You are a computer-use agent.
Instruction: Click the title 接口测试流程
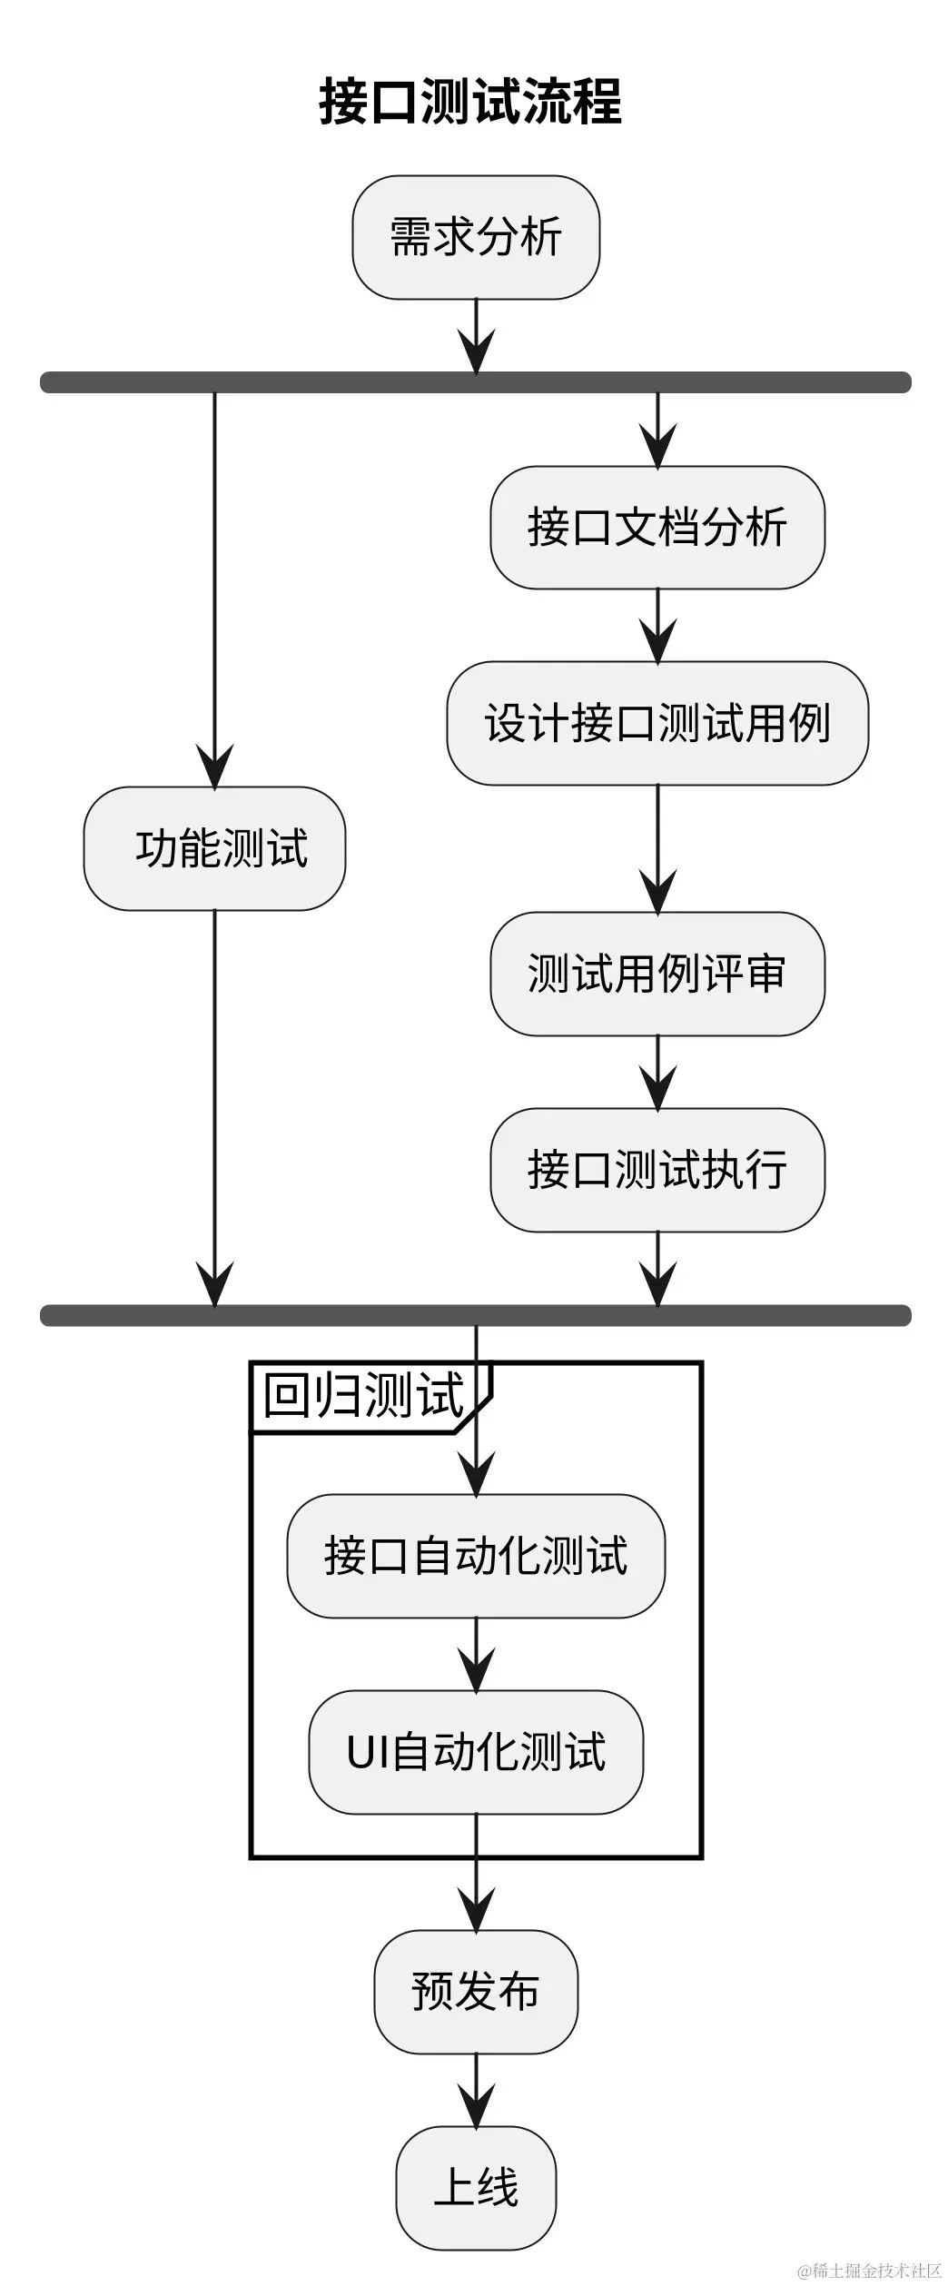(x=470, y=101)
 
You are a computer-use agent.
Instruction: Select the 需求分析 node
(x=476, y=237)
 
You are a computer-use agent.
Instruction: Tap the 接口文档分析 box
(x=657, y=528)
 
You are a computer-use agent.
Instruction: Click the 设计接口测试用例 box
(x=657, y=723)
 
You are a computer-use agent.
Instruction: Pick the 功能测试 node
(x=214, y=848)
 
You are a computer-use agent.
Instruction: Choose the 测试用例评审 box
(x=657, y=974)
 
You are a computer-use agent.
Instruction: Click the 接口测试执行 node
(x=657, y=1170)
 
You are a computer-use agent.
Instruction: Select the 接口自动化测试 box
(x=476, y=1556)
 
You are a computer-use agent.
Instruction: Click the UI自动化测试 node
(x=476, y=1752)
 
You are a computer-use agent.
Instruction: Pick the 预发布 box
(x=476, y=1992)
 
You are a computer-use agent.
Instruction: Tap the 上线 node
(x=476, y=2188)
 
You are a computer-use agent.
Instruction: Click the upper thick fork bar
(x=476, y=382)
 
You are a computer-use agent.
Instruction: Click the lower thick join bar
(x=476, y=1315)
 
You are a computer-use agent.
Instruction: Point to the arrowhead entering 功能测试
(x=214, y=767)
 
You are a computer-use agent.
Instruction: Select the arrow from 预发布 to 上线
(x=476, y=2090)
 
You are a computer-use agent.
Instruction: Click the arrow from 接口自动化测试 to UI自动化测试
(x=476, y=1654)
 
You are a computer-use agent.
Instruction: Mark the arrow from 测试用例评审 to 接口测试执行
(x=657, y=1073)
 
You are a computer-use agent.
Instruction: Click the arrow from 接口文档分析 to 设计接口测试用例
(x=657, y=626)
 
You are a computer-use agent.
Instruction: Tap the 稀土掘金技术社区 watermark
(x=869, y=2271)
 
